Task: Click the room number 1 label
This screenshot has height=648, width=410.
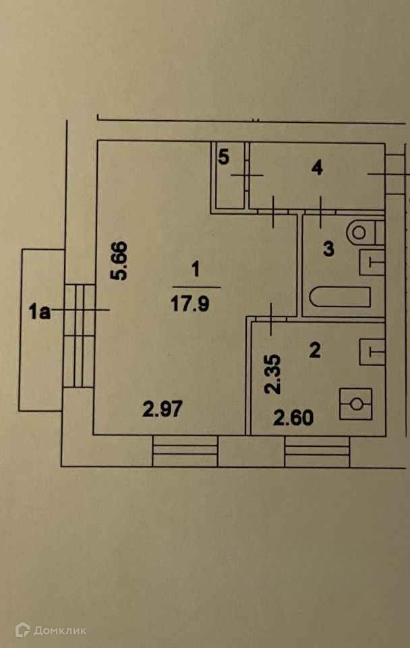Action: (x=195, y=270)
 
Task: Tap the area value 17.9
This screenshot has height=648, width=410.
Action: (x=195, y=304)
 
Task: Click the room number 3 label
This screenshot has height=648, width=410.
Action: (x=328, y=249)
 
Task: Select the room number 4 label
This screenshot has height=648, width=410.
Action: (x=317, y=167)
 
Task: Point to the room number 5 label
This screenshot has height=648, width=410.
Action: (x=224, y=157)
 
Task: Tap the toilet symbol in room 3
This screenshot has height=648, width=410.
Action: (x=363, y=232)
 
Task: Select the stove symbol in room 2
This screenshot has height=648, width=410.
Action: (x=356, y=404)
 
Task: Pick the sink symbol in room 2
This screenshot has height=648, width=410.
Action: (x=372, y=351)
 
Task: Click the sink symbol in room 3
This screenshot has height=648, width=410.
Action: (x=372, y=261)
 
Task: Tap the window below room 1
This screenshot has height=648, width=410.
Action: (x=185, y=451)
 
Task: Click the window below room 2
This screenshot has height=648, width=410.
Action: (x=317, y=451)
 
